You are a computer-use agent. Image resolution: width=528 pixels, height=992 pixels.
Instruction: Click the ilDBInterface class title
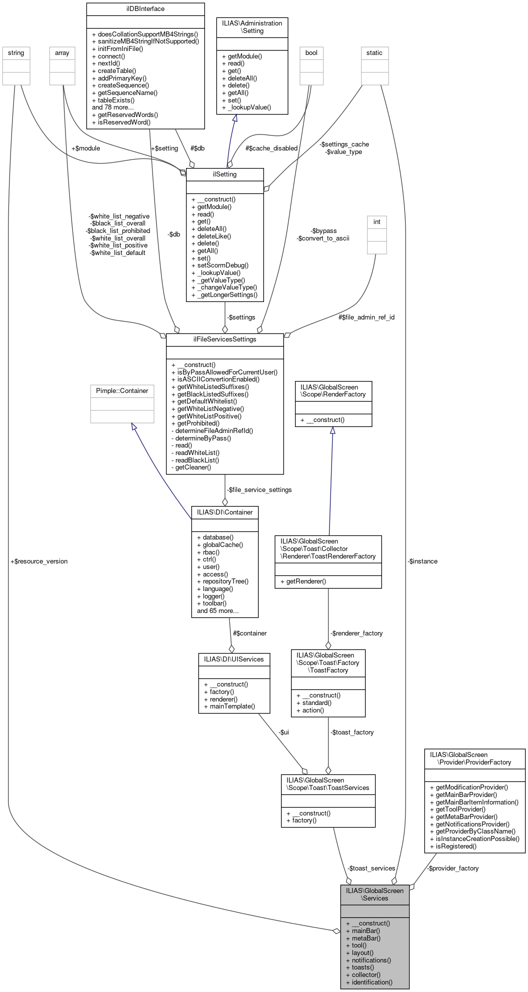pos(145,8)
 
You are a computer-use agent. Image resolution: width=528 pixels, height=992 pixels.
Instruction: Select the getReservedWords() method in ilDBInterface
pos(125,114)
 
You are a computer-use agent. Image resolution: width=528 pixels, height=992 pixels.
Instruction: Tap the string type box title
pos(16,52)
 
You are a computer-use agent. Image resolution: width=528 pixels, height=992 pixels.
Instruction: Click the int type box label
pos(377,221)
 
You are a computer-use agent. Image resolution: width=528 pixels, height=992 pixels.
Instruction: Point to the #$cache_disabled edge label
pos(271,148)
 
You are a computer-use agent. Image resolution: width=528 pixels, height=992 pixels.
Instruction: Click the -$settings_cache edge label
pos(345,144)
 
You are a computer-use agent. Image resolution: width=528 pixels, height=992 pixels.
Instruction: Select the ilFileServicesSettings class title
pos(224,339)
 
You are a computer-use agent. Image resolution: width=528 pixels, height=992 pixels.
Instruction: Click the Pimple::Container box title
pos(122,390)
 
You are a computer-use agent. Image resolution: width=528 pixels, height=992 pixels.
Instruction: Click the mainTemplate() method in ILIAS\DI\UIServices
pos(229,706)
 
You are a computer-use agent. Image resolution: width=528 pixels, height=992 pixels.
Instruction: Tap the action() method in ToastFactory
pos(310,710)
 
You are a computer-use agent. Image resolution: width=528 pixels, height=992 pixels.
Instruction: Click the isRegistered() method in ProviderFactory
pos(453,846)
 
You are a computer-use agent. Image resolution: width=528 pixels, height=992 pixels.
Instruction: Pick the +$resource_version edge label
pos(39,561)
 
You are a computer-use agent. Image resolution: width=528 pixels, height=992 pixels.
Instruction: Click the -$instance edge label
pos(422,561)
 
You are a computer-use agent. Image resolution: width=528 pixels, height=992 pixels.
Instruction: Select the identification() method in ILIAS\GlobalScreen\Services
pos(369,982)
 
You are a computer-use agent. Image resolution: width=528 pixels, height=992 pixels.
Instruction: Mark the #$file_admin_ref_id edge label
pos(366,317)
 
